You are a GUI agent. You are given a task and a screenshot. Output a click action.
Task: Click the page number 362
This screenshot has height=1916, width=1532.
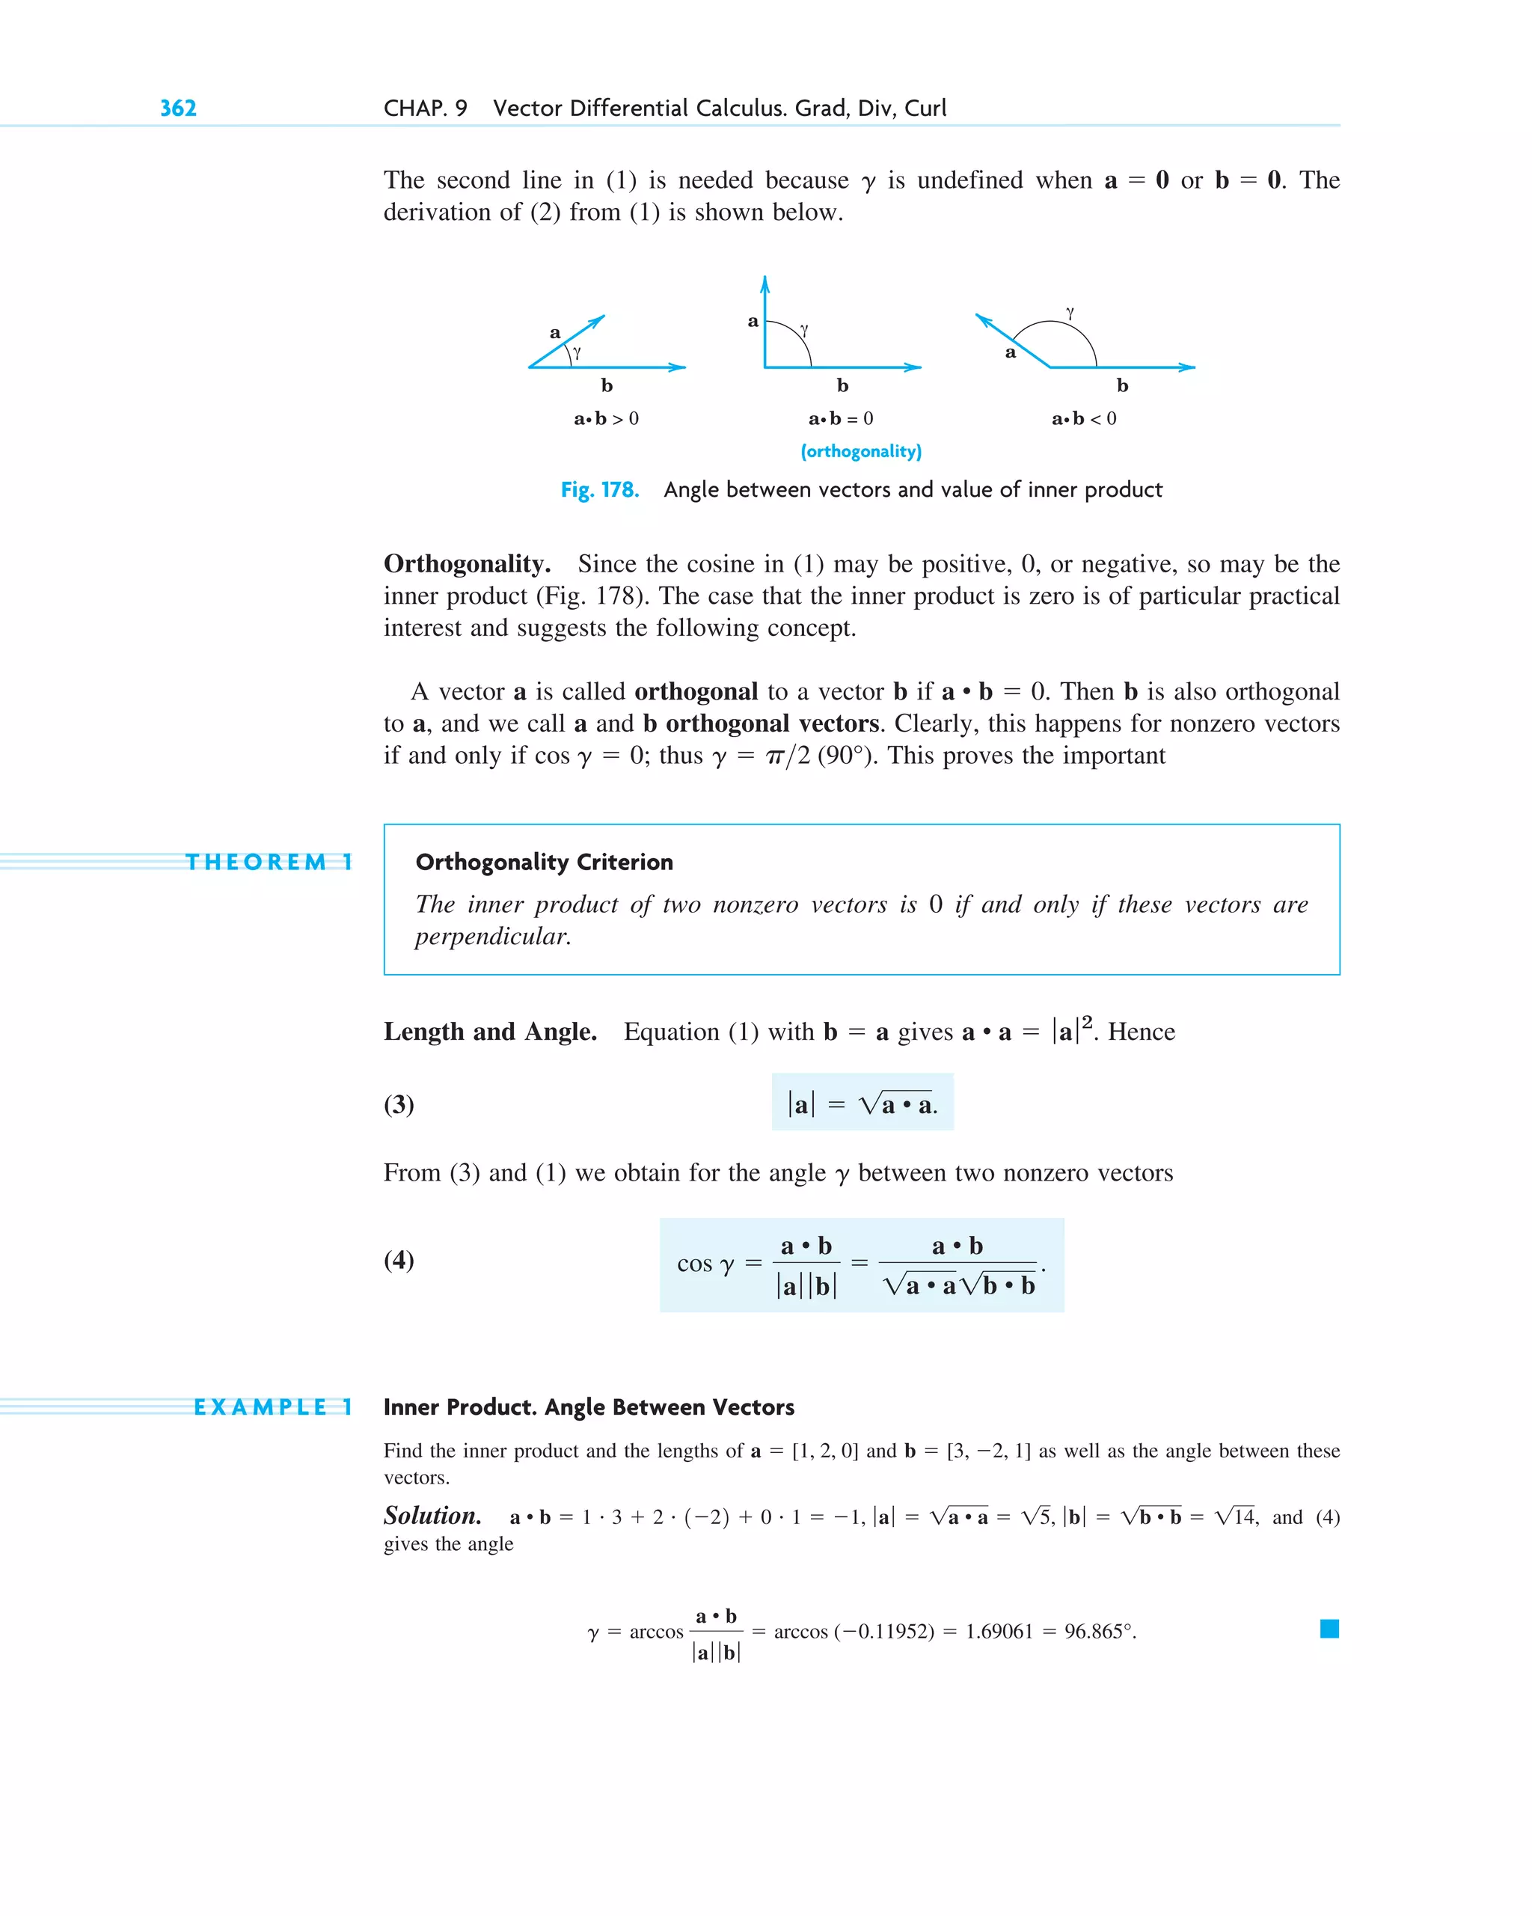178,108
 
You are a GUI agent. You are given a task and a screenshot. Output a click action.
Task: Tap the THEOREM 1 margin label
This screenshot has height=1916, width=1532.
269,862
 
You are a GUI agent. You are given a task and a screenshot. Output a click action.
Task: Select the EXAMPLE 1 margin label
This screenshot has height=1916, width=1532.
273,1407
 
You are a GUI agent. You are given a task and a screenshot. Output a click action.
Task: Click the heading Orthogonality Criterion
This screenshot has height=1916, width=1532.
544,862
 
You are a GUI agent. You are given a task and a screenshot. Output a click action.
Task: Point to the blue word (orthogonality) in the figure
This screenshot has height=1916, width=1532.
860,451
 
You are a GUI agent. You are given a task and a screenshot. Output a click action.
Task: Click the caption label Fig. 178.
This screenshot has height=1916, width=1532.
600,490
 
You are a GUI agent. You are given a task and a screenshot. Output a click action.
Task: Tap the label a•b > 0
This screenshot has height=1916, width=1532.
606,418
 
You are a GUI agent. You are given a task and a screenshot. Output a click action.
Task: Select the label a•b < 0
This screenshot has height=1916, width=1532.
1083,418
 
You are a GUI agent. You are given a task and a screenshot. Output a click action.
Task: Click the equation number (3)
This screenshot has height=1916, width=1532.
399,1104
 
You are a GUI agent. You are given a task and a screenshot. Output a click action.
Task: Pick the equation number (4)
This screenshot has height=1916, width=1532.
399,1259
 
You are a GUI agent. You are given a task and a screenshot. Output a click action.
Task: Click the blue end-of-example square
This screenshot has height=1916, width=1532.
1329,1629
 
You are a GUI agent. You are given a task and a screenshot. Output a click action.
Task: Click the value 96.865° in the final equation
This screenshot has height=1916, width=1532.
1099,1632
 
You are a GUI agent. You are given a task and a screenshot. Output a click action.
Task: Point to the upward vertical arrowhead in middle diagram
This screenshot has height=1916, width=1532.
765,284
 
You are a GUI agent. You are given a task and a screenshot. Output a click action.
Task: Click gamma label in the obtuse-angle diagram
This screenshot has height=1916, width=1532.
1070,313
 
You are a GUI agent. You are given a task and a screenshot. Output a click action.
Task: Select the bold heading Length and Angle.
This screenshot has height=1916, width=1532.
490,1032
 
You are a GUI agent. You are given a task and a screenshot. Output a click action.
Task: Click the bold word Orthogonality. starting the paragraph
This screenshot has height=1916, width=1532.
467,564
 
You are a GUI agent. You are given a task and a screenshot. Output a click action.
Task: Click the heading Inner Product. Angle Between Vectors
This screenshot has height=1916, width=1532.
588,1407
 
